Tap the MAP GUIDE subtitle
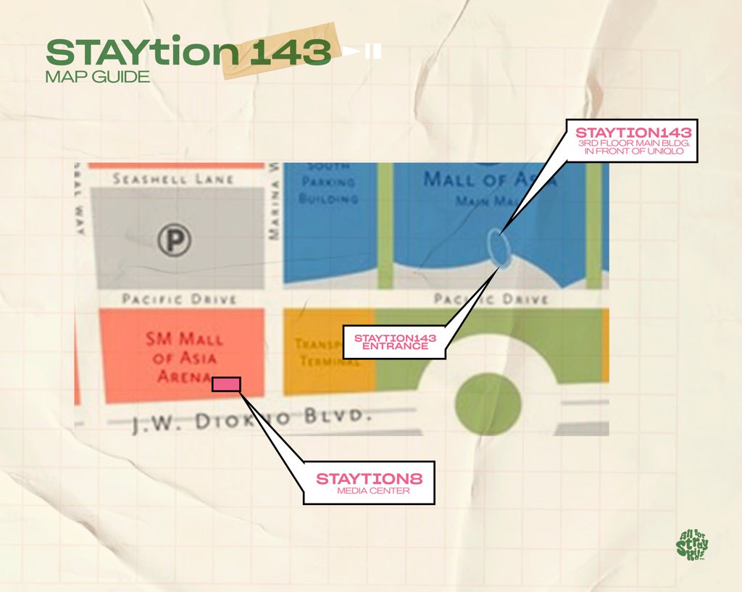click(x=97, y=77)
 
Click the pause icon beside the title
click(x=373, y=52)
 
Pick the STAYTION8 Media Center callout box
click(x=369, y=483)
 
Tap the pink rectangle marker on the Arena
click(x=226, y=384)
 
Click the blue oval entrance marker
click(x=498, y=246)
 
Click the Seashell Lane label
click(x=173, y=178)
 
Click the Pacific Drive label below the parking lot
click(x=179, y=299)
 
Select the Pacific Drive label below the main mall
click(x=491, y=299)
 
